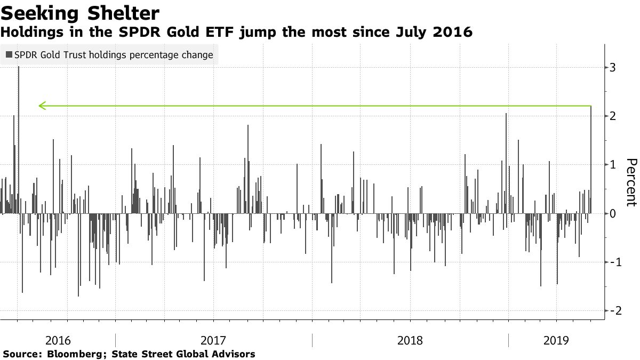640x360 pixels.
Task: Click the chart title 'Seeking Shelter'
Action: pyautogui.click(x=81, y=12)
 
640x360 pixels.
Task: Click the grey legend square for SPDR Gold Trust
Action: pyautogui.click(x=9, y=55)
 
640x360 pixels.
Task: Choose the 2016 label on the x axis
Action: pyautogui.click(x=58, y=340)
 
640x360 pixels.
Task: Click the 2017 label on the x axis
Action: pyautogui.click(x=213, y=340)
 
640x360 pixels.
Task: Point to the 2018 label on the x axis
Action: pyautogui.click(x=410, y=340)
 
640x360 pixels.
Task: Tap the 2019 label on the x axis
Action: pyautogui.click(x=556, y=340)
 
